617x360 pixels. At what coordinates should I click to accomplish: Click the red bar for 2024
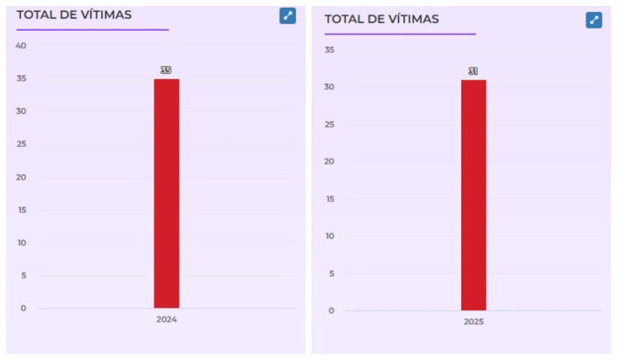click(x=166, y=193)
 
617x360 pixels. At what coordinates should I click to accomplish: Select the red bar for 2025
click(x=474, y=195)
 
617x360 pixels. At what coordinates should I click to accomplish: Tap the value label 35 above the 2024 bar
click(x=166, y=70)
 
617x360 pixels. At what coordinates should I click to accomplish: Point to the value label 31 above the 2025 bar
click(x=473, y=71)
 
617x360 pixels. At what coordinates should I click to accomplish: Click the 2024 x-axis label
click(x=166, y=320)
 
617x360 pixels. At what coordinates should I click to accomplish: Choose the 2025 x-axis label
click(x=474, y=321)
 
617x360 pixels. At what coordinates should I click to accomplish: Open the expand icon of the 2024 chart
click(x=287, y=16)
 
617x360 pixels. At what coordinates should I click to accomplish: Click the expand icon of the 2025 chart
click(x=594, y=20)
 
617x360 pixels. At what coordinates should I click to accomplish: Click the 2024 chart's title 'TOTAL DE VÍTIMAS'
click(x=74, y=14)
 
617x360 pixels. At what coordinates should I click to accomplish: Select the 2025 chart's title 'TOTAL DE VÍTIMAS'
click(x=381, y=19)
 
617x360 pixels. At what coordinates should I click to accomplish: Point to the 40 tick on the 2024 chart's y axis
click(x=22, y=45)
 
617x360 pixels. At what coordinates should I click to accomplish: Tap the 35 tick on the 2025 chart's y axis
click(x=329, y=49)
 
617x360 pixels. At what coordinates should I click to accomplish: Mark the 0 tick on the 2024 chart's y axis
click(x=23, y=308)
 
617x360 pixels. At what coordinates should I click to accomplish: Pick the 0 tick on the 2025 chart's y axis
click(x=331, y=311)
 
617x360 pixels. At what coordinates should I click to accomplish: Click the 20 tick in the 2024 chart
click(x=22, y=177)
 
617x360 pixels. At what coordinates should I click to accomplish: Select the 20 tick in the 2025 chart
click(x=329, y=162)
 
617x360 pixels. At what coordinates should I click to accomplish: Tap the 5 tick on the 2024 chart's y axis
click(x=23, y=276)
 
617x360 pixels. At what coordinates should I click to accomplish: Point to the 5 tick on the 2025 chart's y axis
click(x=331, y=273)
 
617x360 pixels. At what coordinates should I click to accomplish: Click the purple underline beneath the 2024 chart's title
click(x=92, y=29)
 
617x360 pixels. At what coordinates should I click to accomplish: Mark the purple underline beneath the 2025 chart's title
click(x=400, y=34)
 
